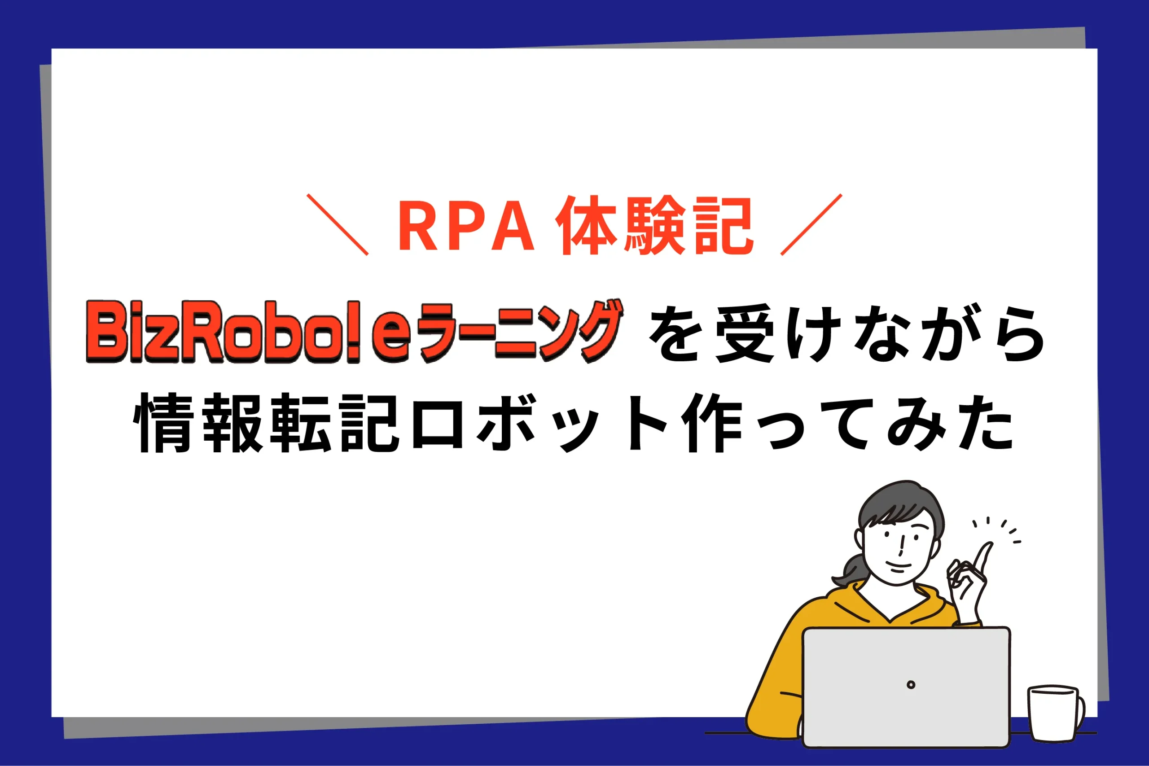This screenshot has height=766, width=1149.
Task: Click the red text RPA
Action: click(466, 226)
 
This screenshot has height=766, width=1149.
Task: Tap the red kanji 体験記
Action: click(655, 225)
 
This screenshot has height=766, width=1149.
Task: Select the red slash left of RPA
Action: click(337, 225)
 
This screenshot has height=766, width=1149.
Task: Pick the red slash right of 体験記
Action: click(811, 225)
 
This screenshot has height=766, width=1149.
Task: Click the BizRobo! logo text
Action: click(223, 332)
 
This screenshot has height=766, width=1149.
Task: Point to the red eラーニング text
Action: click(498, 331)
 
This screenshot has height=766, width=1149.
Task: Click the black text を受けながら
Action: click(846, 334)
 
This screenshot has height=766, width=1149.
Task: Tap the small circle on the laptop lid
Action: click(911, 685)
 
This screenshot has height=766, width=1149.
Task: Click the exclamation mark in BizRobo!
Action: click(354, 332)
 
